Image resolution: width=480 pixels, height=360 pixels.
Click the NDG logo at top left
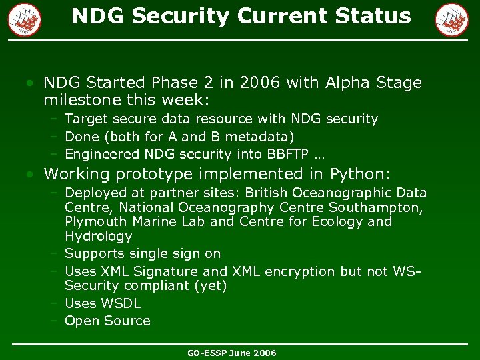[25, 19]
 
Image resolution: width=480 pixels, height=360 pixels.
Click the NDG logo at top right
[451, 19]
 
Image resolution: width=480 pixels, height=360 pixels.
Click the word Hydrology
[99, 236]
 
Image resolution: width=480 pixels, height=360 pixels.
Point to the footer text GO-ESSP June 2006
[231, 353]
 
